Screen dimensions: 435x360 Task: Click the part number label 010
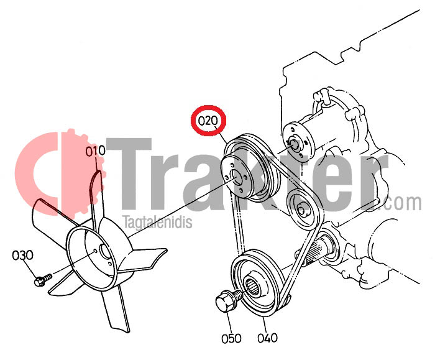point(95,151)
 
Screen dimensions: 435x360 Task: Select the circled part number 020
point(208,121)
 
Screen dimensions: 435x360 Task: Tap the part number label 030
point(23,255)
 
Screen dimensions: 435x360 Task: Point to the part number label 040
point(267,338)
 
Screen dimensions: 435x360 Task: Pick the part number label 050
point(231,338)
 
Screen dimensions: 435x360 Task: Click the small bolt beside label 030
point(43,280)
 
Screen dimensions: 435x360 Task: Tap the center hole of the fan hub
point(105,251)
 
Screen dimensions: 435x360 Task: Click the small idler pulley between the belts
point(300,209)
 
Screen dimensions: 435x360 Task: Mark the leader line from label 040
point(264,325)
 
